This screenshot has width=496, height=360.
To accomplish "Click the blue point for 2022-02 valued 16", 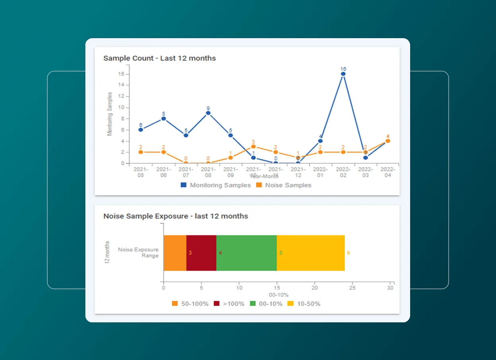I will point(343,74).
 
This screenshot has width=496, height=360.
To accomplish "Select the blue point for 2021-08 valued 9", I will point(208,113).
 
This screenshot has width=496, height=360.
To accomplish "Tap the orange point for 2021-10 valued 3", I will point(253,147).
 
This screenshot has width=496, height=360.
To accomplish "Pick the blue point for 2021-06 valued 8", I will point(163,118).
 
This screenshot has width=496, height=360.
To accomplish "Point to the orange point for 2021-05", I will point(141,152).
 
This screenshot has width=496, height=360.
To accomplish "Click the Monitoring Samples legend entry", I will point(216,185).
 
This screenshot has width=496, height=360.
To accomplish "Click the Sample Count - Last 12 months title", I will point(159,58).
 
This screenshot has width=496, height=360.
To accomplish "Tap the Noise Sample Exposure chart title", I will point(175,216).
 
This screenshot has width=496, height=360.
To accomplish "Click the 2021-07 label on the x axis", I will point(186,172).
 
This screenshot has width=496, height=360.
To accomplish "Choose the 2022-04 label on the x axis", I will point(388,172).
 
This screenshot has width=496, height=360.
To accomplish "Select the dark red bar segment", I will point(201,253).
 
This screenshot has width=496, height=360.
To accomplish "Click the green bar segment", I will point(246,253).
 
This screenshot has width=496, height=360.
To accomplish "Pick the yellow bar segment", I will point(310,253).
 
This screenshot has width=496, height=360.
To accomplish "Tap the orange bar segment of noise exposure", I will point(175,253).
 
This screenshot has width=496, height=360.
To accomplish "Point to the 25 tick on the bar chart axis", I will point(352,288).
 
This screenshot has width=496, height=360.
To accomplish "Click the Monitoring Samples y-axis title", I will point(110,114).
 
